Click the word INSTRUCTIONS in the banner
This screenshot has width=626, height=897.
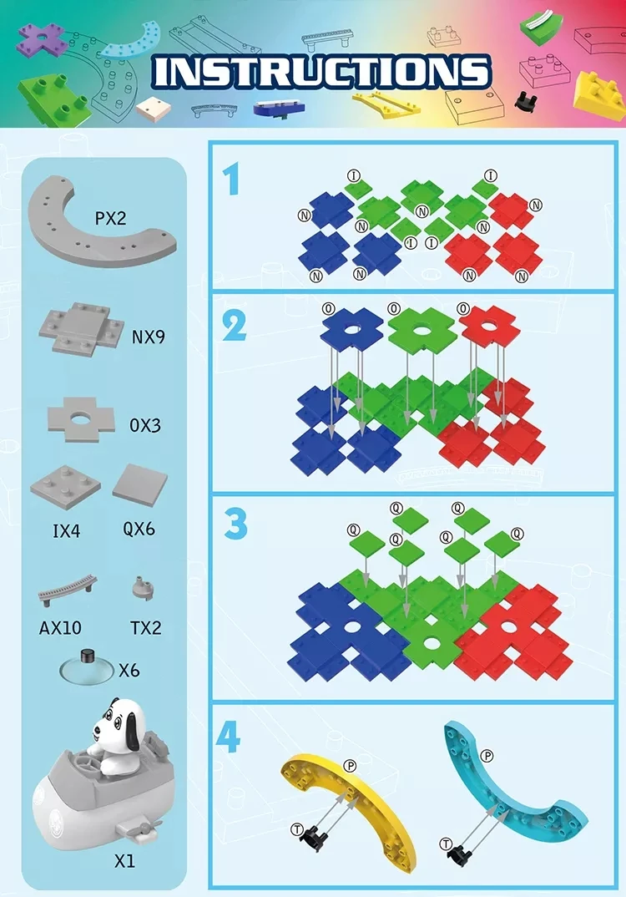(321, 73)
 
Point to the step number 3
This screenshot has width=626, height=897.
(235, 524)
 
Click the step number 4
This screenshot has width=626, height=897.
(230, 736)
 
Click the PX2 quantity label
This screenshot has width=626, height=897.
(110, 218)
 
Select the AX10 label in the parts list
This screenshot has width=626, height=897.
(61, 626)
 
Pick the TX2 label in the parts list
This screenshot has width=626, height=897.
(145, 626)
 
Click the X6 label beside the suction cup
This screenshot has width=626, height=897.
(129, 669)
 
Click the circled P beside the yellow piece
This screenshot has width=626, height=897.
(350, 764)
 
